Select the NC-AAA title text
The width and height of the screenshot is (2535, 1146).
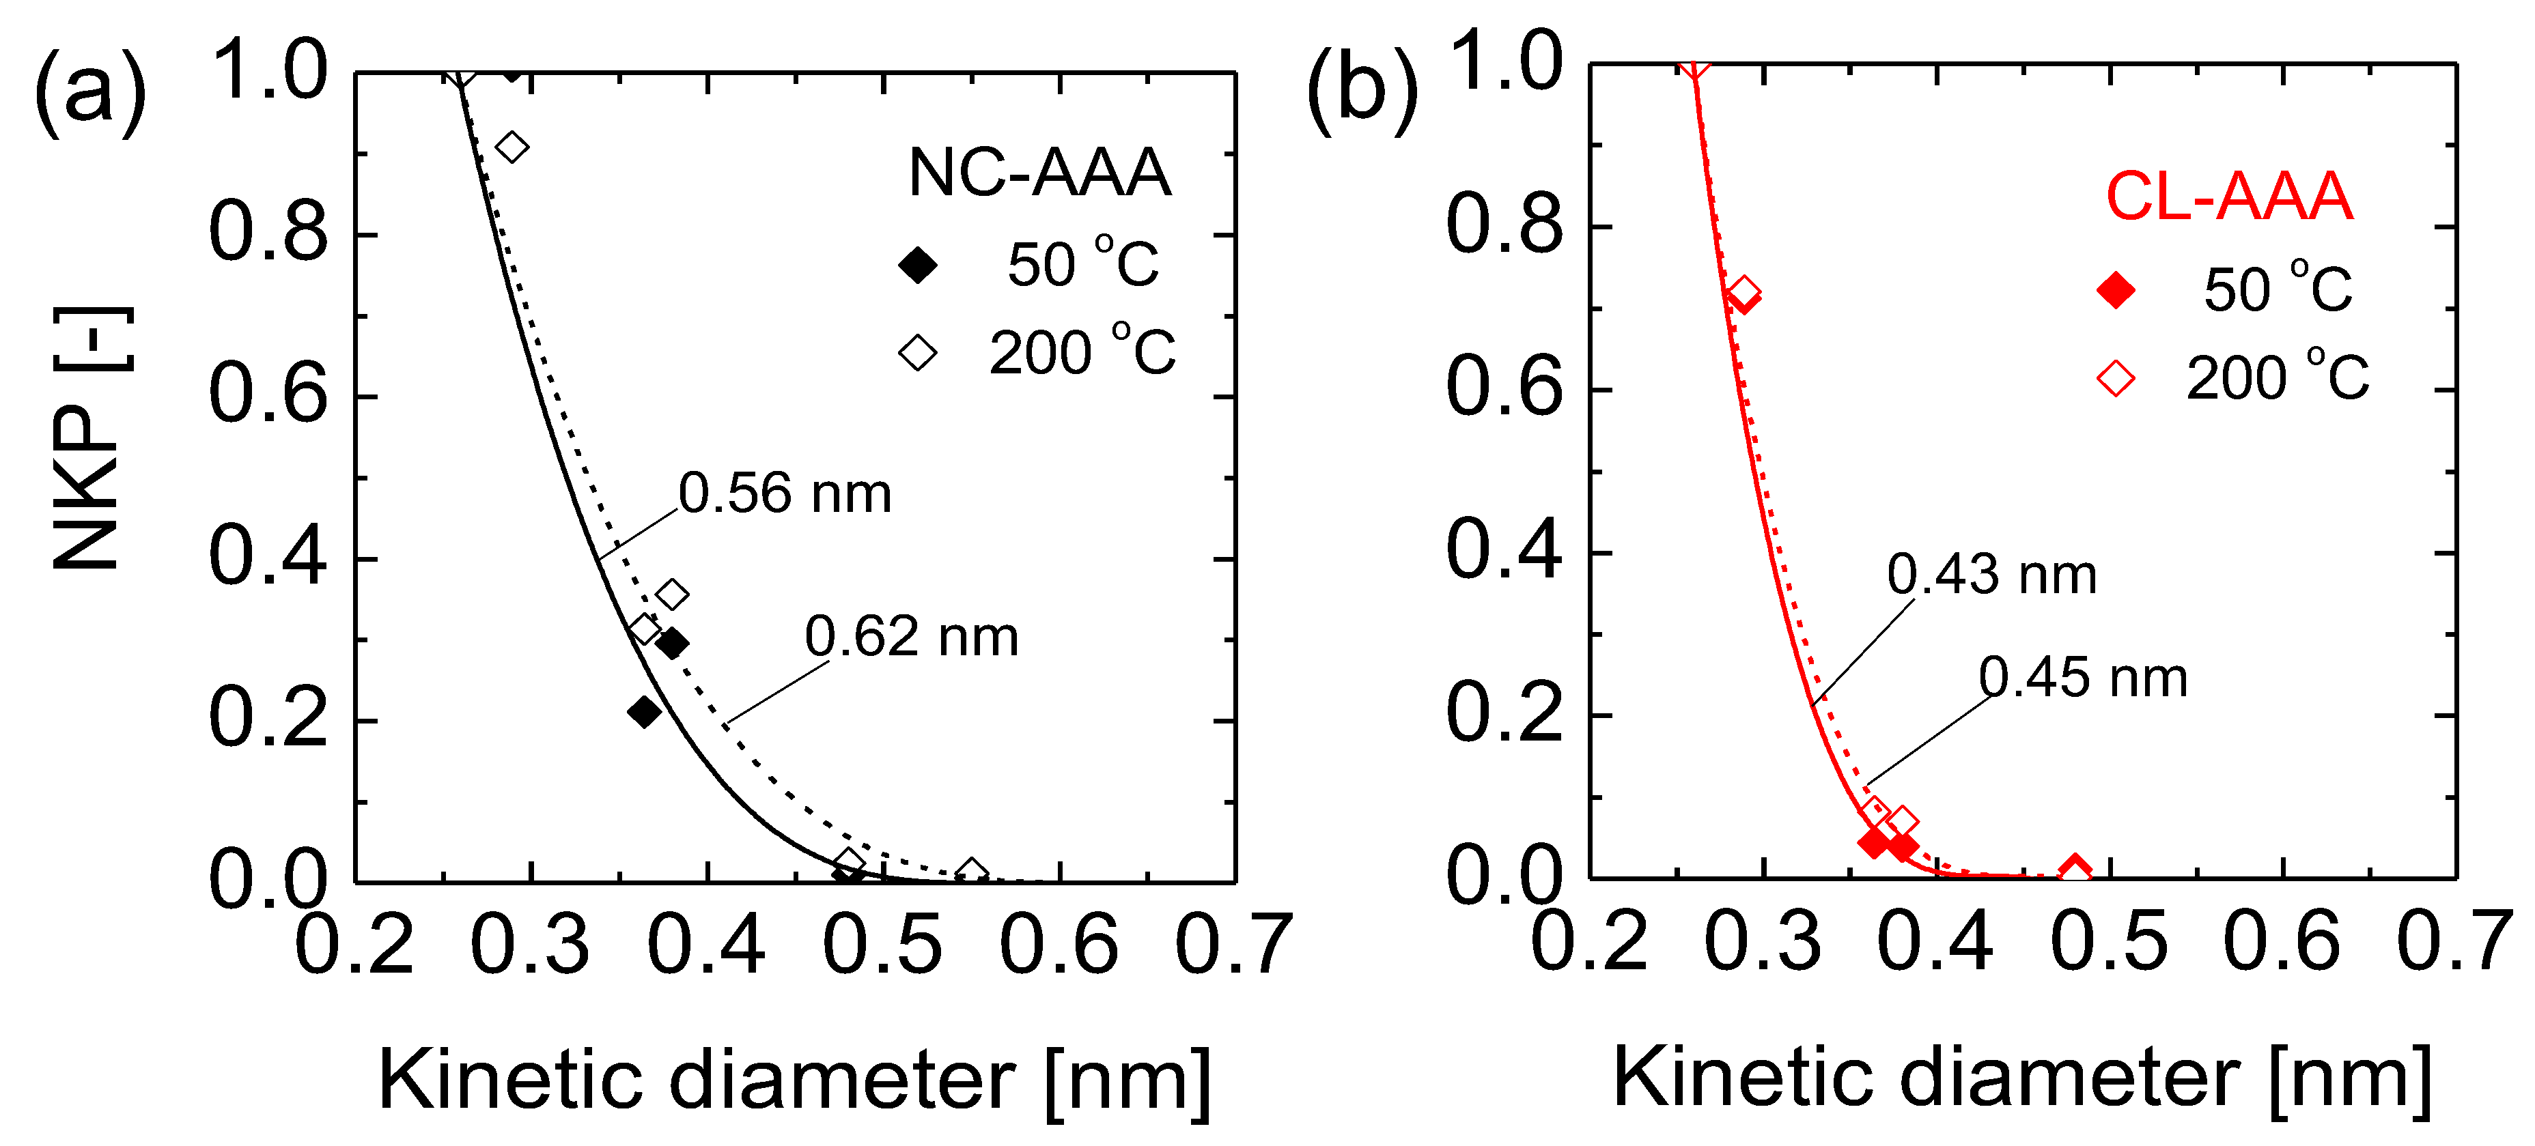pos(1039,173)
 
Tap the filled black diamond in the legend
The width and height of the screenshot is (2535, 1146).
pos(917,265)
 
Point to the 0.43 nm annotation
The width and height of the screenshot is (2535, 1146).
pos(1992,575)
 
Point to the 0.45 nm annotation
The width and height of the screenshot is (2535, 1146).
pos(2084,678)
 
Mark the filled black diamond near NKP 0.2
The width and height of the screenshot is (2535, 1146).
pos(645,711)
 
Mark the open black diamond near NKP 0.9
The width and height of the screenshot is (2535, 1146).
pos(512,147)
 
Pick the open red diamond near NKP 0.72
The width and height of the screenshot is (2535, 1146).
pos(1743,291)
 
